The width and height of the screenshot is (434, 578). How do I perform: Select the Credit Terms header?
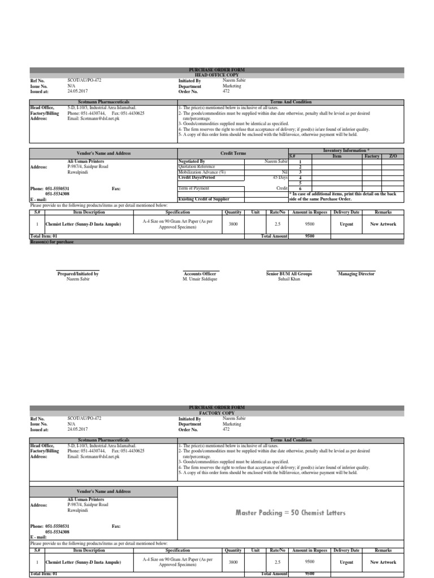233,153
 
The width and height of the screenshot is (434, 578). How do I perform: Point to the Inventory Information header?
346,151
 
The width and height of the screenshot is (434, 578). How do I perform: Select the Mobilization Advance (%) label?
202,172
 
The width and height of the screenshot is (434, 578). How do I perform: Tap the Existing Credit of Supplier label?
203,199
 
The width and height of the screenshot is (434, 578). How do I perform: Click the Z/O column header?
392,155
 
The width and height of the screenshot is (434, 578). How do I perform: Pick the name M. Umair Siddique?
199,279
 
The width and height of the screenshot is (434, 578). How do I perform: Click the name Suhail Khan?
289,279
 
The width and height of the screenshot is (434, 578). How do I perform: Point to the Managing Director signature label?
356,274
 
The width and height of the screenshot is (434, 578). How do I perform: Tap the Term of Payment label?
195,188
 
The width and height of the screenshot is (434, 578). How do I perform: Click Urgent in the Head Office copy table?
346,224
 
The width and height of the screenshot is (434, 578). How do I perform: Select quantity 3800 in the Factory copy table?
233,562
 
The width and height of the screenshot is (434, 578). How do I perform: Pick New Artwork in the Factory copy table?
383,562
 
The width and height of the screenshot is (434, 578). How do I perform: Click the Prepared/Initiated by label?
78,274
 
